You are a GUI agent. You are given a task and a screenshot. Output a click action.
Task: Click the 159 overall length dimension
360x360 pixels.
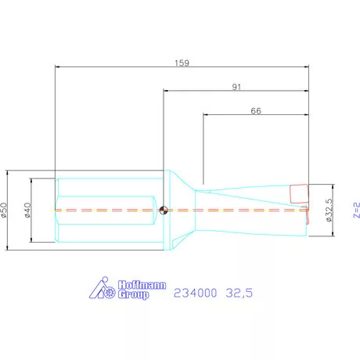[182, 63]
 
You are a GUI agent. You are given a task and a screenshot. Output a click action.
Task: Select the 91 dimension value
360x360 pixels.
[236, 87]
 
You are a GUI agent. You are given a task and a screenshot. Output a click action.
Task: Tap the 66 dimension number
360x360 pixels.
[256, 111]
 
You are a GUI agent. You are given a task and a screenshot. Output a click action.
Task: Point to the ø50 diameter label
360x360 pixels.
[5, 210]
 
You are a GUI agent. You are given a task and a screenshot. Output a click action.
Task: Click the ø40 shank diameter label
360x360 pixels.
[27, 210]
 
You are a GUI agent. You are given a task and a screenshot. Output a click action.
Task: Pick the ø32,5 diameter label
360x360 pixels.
[329, 210]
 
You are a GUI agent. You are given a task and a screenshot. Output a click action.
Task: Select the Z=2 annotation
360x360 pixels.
[356, 210]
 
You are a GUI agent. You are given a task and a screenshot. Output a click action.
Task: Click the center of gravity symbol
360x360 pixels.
[164, 210]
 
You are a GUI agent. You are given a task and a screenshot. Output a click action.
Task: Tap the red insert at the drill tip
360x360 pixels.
[299, 193]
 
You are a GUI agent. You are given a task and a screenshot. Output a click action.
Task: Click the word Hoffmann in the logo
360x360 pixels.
[142, 285]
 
